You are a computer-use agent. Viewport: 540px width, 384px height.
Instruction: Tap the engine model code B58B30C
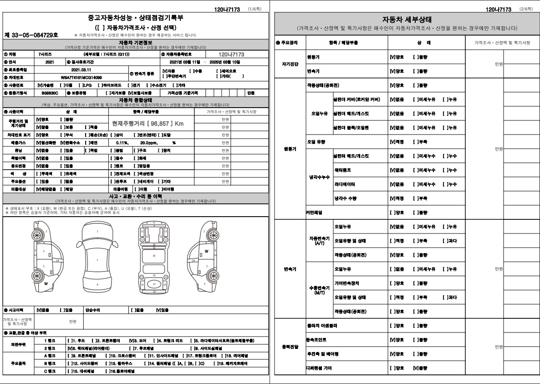(x=50, y=93)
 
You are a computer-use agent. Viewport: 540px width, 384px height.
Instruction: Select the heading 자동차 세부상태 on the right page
(x=407, y=20)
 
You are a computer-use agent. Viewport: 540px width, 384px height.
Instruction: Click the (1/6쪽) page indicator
(x=253, y=9)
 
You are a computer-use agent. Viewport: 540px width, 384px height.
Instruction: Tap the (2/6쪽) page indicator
(x=526, y=9)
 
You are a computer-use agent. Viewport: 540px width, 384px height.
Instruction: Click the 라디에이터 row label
(x=345, y=184)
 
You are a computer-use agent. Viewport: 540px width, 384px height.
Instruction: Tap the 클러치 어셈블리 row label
(x=322, y=326)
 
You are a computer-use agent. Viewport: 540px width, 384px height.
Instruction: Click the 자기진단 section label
(x=290, y=64)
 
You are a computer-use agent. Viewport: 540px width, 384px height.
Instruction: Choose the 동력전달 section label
(x=290, y=347)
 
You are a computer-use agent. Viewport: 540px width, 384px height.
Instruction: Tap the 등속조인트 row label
(x=316, y=340)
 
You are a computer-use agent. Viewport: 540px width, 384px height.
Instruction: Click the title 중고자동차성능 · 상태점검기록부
(x=136, y=18)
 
